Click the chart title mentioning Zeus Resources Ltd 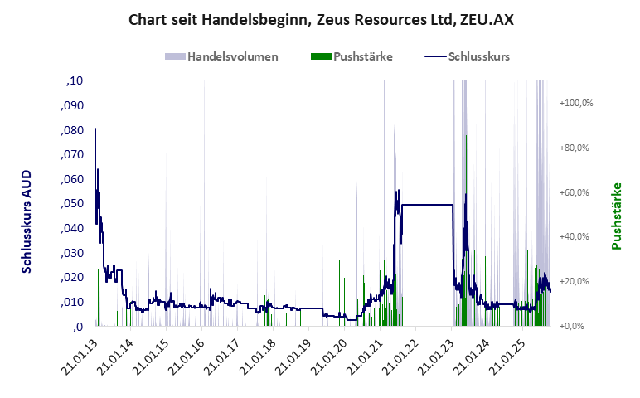(321, 19)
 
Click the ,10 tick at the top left (75, 81)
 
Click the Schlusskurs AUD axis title (27, 216)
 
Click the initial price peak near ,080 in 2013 (95, 129)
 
